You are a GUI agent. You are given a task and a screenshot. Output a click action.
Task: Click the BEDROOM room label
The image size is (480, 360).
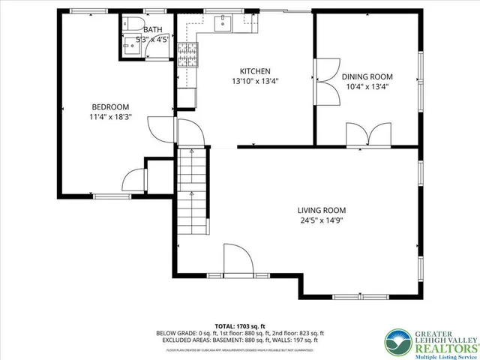[110, 106]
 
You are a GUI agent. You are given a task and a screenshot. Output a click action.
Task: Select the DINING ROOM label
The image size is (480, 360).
[367, 76]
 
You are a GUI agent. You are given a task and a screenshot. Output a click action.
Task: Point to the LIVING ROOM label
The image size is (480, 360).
[322, 210]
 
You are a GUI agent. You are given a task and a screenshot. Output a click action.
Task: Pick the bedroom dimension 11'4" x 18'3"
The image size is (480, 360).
[110, 116]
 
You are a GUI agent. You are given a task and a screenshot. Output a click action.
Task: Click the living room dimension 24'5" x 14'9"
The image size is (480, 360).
[322, 220]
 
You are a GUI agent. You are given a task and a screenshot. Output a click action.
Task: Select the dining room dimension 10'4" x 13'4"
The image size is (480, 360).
[367, 87]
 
